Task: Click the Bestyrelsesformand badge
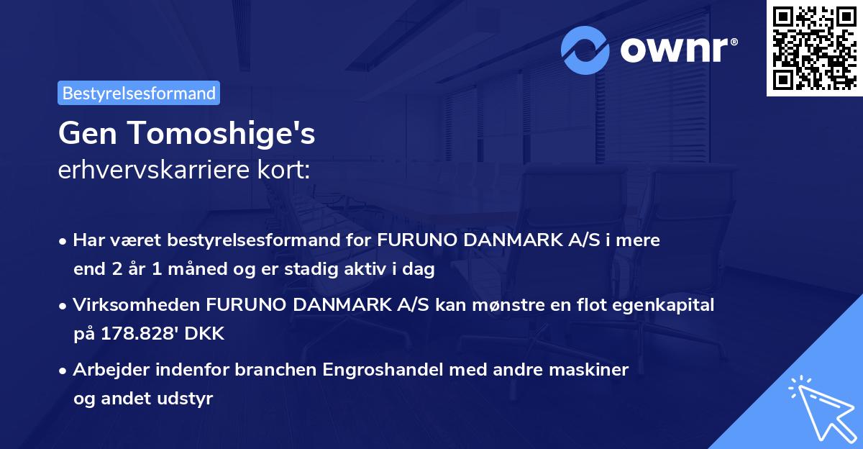tap(139, 93)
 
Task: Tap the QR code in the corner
tap(814, 48)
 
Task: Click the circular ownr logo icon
tap(585, 50)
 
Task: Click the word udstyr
tap(187, 398)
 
